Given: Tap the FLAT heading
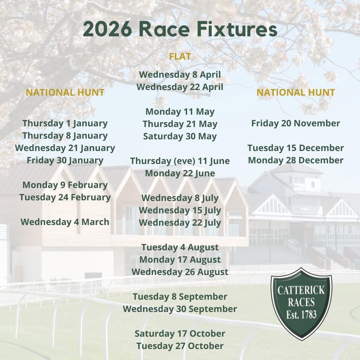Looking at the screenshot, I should pyautogui.click(x=180, y=57).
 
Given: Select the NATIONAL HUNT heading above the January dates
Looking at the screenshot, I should pyautogui.click(x=65, y=92).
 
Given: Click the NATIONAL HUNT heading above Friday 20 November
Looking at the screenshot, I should pyautogui.click(x=296, y=92).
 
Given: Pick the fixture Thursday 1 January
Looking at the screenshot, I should pyautogui.click(x=65, y=123).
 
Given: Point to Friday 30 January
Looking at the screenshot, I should pyautogui.click(x=65, y=160).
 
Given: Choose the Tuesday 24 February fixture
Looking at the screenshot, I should pyautogui.click(x=65, y=197).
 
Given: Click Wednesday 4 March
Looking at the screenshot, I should pyautogui.click(x=65, y=222).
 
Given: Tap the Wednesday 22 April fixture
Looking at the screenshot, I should pyautogui.click(x=180, y=87).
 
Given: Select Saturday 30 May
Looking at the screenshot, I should pyautogui.click(x=180, y=136).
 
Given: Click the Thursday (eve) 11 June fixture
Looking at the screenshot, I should pyautogui.click(x=180, y=161).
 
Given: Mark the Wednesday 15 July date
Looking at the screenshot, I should pyautogui.click(x=180, y=210).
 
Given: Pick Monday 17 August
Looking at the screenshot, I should pyautogui.click(x=180, y=260).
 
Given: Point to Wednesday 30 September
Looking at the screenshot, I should pyautogui.click(x=180, y=309).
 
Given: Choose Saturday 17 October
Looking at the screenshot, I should pyautogui.click(x=180, y=334).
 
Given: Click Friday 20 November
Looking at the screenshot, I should pyautogui.click(x=296, y=123).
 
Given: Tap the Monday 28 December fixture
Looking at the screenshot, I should pyautogui.click(x=296, y=160).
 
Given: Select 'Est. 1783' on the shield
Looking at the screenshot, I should pyautogui.click(x=301, y=314).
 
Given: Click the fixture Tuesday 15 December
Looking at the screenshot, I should pyautogui.click(x=296, y=148).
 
